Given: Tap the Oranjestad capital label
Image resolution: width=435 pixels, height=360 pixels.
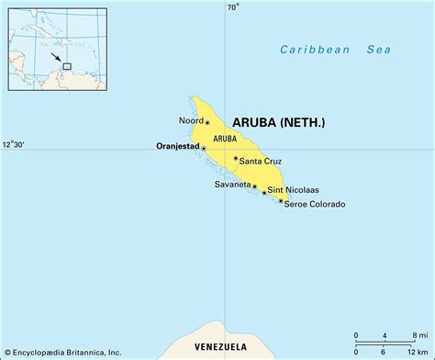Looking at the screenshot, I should click(x=174, y=145).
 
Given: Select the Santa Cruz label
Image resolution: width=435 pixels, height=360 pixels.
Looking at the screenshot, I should click(x=262, y=162).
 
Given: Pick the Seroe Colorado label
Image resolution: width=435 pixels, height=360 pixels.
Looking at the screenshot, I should click(x=315, y=204).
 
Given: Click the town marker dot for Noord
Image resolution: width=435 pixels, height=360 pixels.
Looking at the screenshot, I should click(x=207, y=122).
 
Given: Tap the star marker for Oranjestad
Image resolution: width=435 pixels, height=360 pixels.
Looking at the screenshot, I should click(x=205, y=146).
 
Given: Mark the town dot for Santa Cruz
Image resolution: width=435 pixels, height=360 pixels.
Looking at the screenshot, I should click(x=235, y=159).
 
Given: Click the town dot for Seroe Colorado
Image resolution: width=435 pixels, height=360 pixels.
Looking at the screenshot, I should click(x=280, y=200).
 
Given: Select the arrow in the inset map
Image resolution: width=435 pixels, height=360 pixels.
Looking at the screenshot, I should click(x=59, y=58).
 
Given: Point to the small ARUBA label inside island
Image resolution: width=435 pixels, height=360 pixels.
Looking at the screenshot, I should click(x=224, y=139).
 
